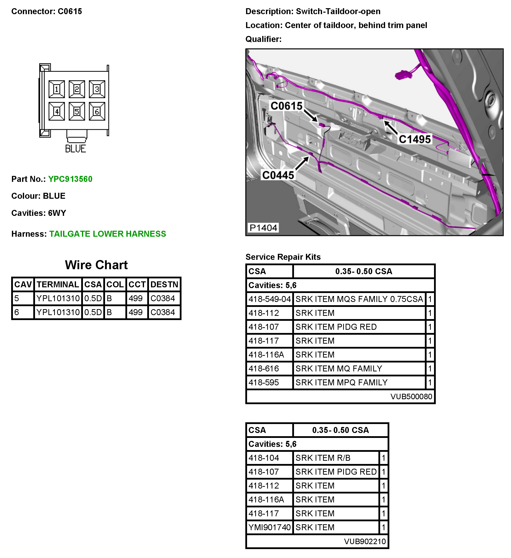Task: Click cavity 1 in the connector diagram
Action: [57, 89]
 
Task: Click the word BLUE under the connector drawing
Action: [75, 149]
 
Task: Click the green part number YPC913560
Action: [70, 179]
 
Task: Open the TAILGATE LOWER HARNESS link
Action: [108, 234]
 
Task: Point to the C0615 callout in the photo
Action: [286, 106]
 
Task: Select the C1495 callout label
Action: [414, 139]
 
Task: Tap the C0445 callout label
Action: [278, 175]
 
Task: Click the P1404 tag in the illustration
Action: [263, 228]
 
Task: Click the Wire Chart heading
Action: [96, 265]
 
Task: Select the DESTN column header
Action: [164, 285]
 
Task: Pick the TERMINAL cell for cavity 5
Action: [58, 298]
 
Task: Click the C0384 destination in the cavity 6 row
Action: [163, 312]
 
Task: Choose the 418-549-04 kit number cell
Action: [269, 299]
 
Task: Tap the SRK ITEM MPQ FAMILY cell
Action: [341, 383]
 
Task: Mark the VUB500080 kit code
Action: [411, 397]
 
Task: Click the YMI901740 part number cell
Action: [269, 527]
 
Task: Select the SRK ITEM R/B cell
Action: [323, 458]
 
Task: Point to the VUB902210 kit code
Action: [365, 541]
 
